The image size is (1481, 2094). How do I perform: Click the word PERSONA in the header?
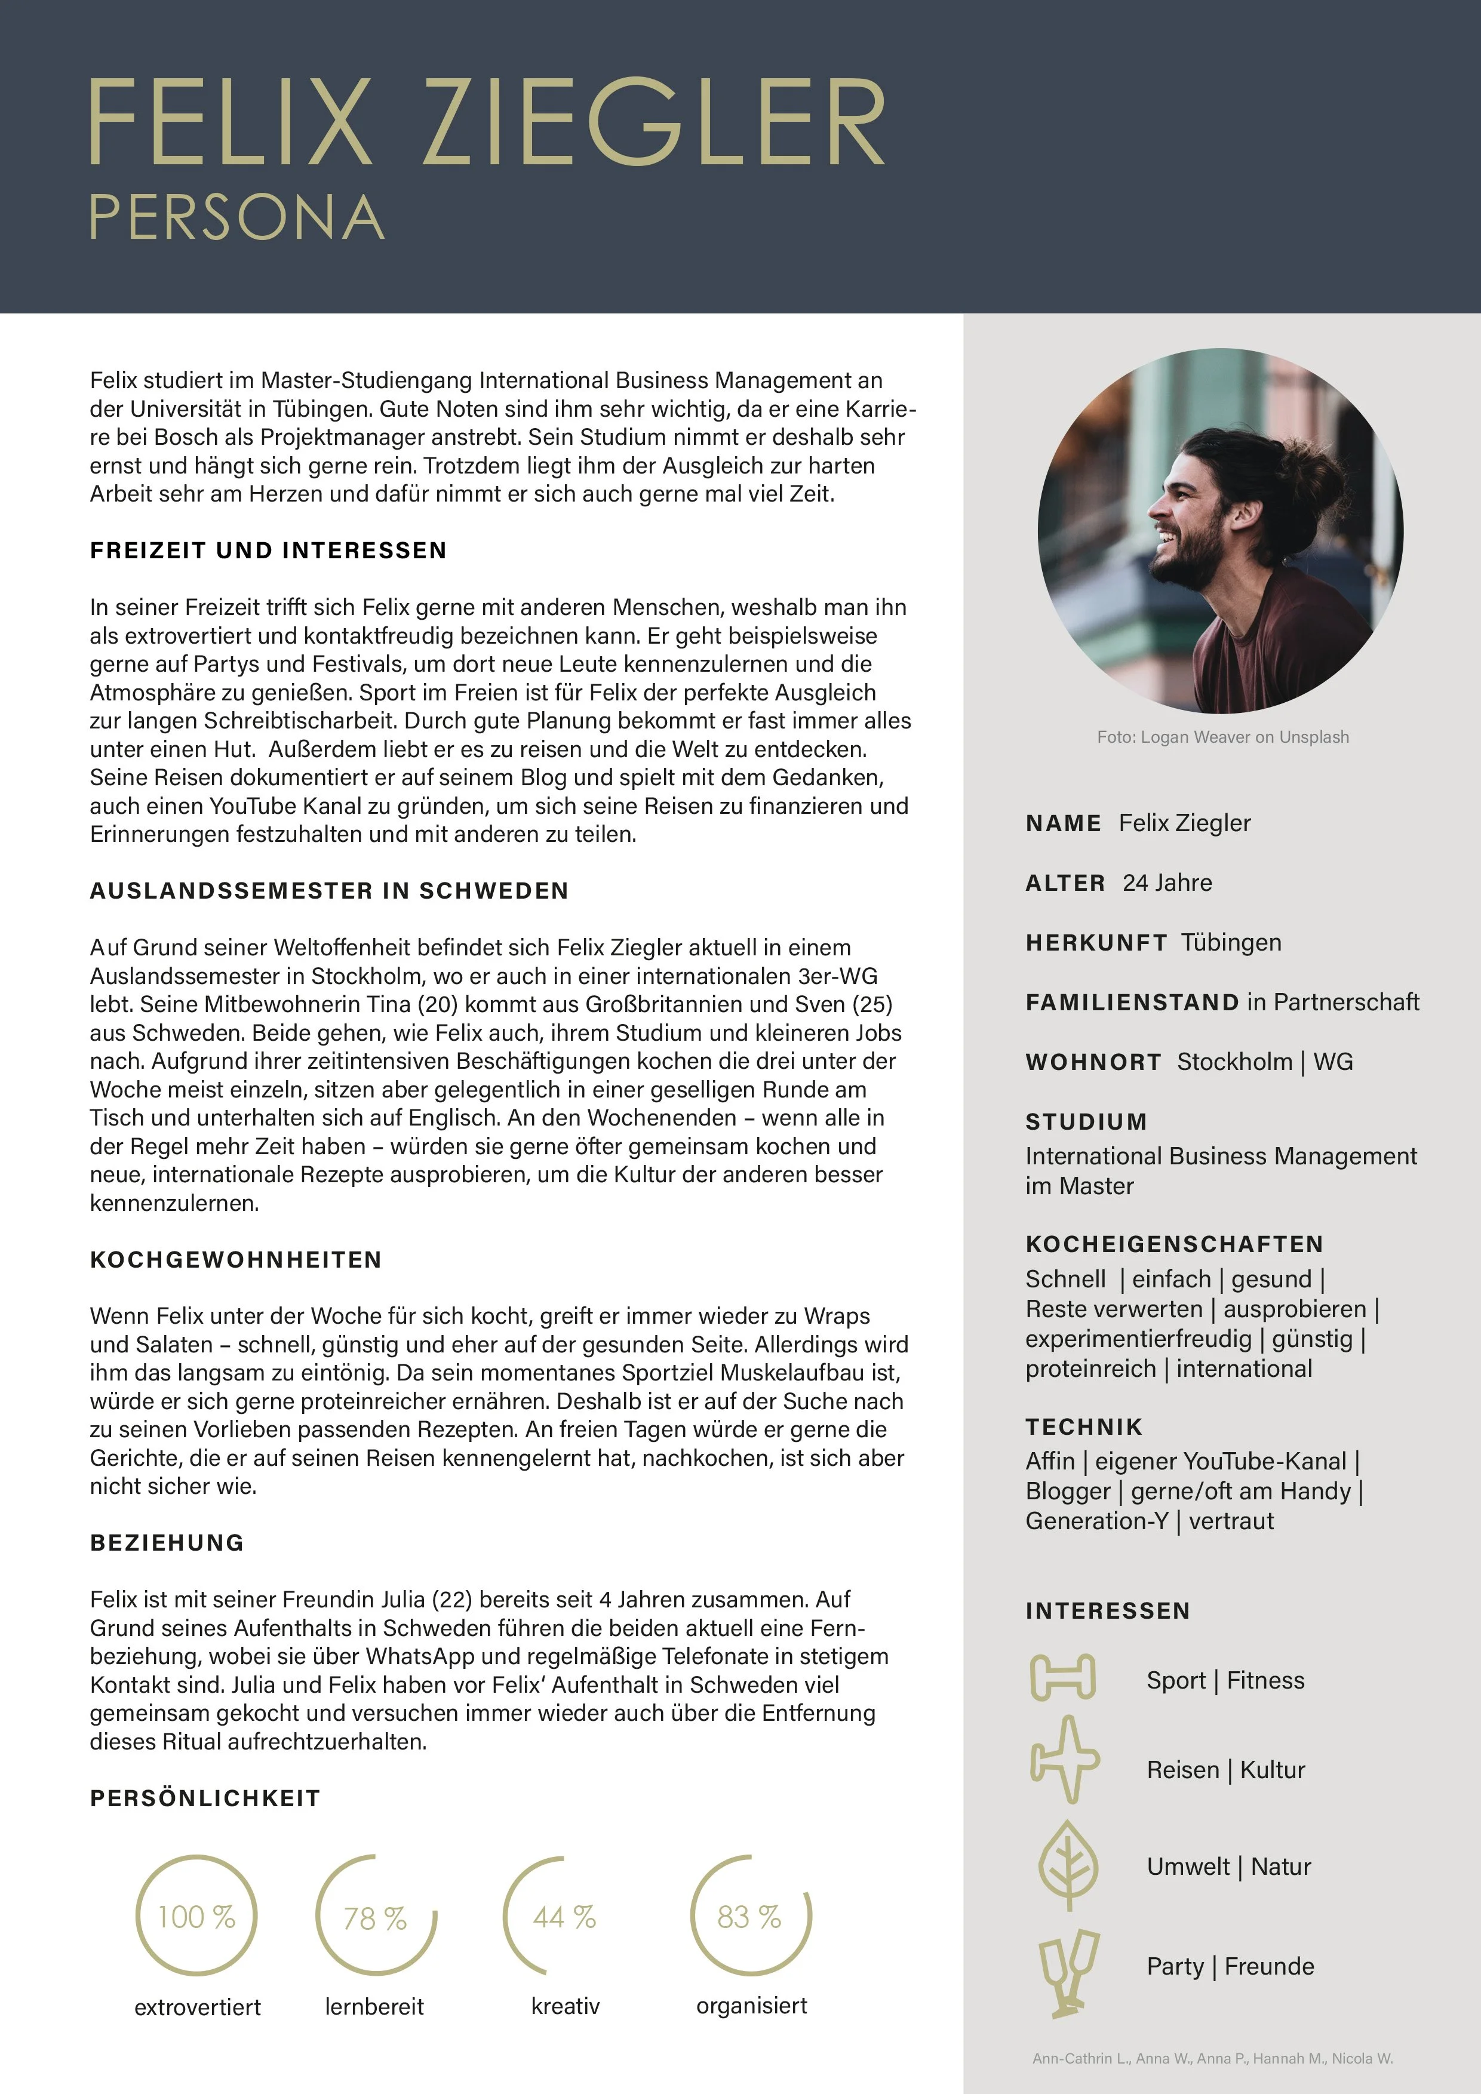[x=236, y=217]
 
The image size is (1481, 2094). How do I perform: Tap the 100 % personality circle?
[x=196, y=1916]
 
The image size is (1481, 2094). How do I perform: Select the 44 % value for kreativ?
[x=564, y=1916]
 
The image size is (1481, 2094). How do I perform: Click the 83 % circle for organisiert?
[x=749, y=1916]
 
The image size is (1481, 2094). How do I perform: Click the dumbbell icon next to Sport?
[x=1062, y=1677]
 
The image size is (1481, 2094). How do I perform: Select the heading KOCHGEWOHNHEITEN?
[x=235, y=1259]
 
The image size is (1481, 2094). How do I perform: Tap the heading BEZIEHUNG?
[x=167, y=1542]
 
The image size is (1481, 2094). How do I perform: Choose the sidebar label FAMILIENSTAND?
[x=1132, y=1003]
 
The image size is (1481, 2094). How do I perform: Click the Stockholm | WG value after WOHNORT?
[x=1264, y=1062]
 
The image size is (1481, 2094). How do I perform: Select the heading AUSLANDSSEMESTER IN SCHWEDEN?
[x=329, y=891]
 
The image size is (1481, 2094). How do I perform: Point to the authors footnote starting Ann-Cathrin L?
[x=1212, y=2058]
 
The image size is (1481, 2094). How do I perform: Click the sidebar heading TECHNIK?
[x=1083, y=1426]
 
